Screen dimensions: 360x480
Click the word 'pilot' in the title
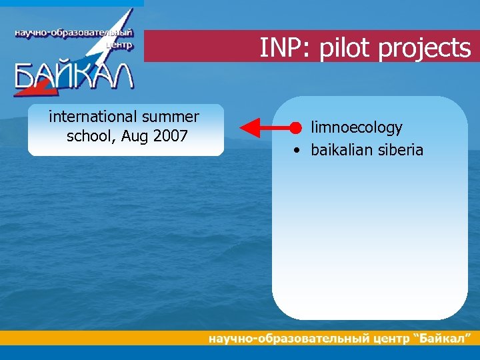click(x=339, y=48)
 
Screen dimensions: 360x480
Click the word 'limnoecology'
click(x=357, y=127)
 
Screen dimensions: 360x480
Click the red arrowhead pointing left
click(x=249, y=127)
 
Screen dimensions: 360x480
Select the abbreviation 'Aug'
click(x=135, y=137)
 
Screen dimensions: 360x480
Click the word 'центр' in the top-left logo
click(x=120, y=46)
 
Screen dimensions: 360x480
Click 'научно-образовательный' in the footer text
click(x=288, y=339)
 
